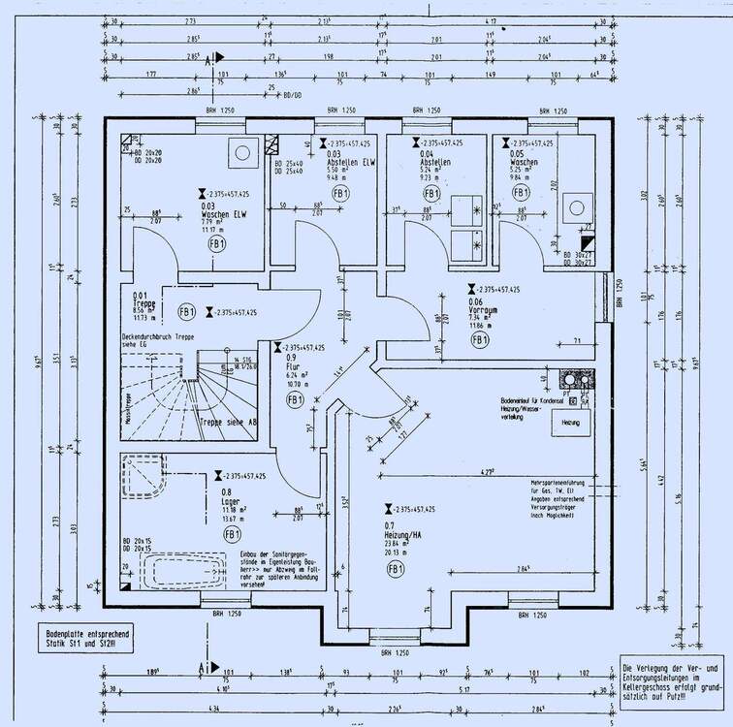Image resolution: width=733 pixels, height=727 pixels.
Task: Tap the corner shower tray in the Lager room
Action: [142, 477]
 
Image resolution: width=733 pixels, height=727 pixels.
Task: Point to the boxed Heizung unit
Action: [571, 423]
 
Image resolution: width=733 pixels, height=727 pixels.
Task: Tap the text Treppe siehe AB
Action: [227, 424]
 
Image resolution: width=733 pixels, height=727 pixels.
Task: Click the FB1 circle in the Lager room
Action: [232, 534]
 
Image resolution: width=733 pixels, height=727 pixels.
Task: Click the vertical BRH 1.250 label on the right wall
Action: [619, 295]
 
